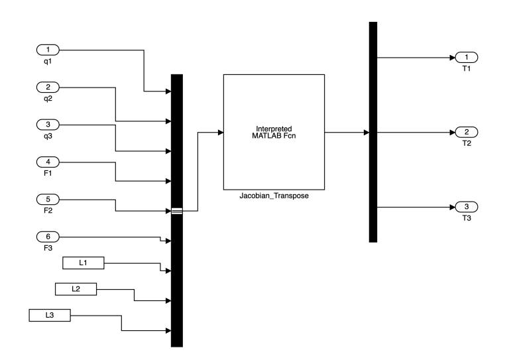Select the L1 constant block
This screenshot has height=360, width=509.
pos(83,263)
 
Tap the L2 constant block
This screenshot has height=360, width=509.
pos(75,289)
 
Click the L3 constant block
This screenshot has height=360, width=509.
pos(50,314)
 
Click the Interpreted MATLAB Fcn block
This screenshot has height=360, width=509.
pos(273,132)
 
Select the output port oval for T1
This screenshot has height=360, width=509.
pos(467,58)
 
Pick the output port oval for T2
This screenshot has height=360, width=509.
pos(467,132)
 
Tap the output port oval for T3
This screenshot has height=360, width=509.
pos(467,207)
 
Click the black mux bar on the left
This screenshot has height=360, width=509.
pos(176,278)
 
